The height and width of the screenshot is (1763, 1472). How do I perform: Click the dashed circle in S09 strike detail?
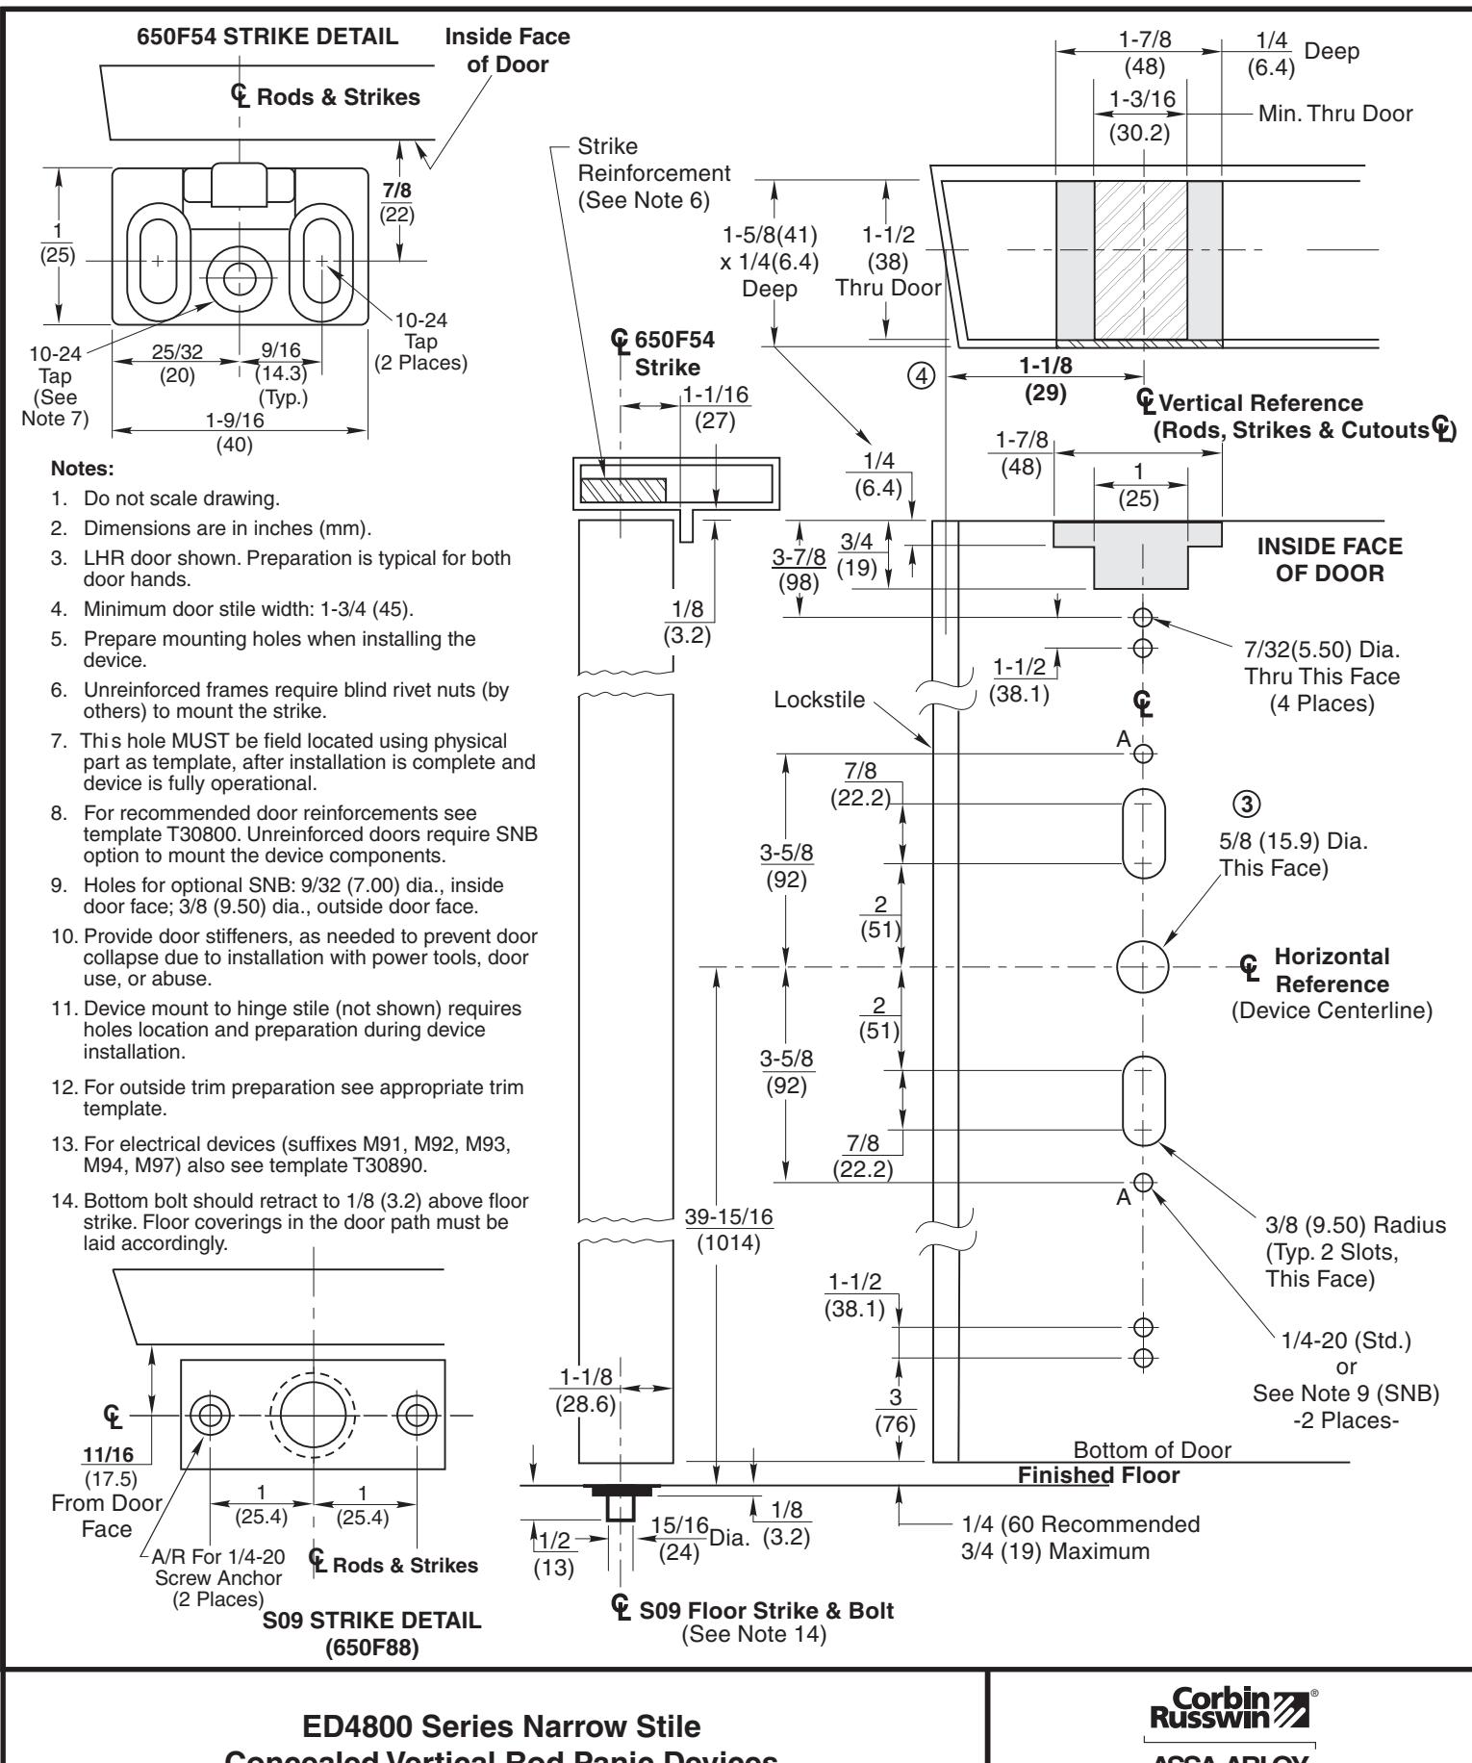tap(314, 1414)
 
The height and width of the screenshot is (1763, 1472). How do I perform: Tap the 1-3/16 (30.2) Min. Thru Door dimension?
tap(1141, 115)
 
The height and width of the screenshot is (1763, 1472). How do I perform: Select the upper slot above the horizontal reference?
tap(1143, 833)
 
